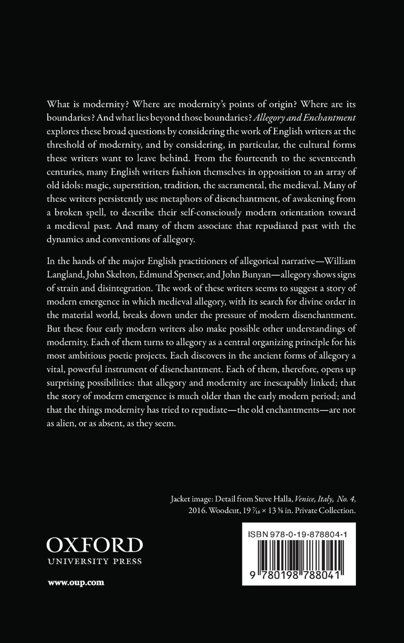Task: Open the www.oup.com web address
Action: [76, 582]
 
